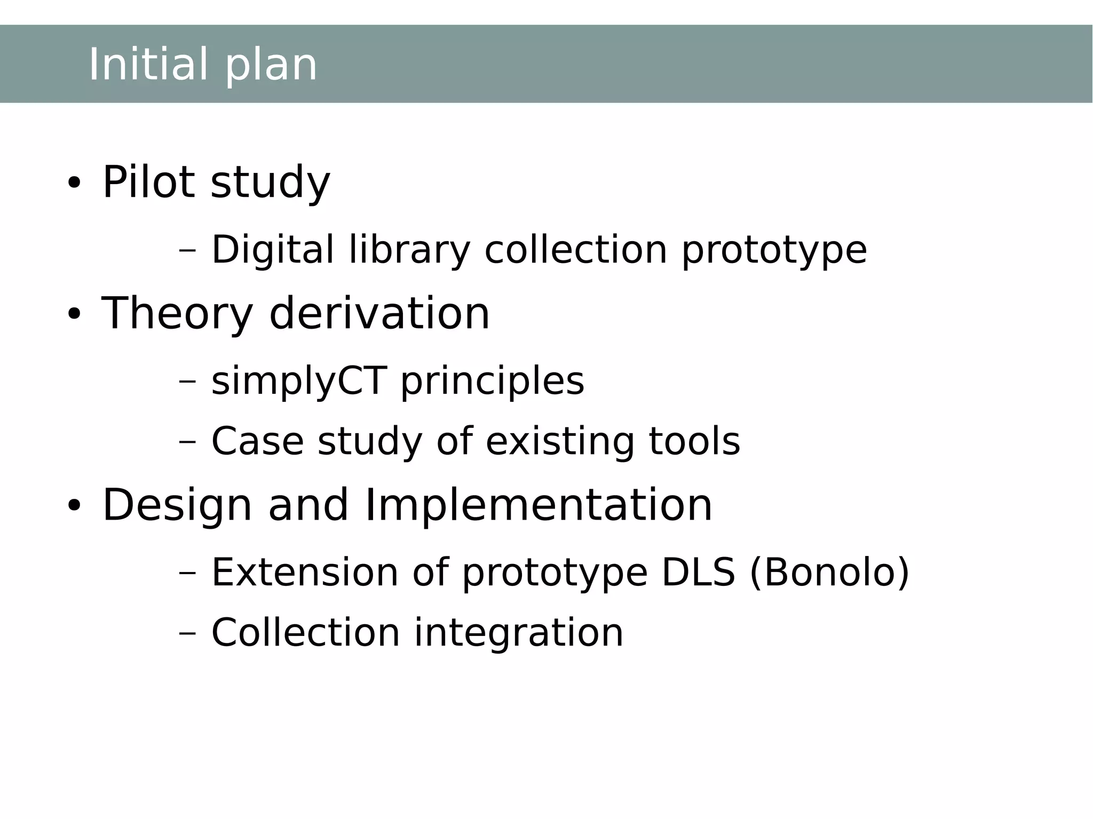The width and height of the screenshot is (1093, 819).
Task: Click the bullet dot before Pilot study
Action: [x=74, y=184]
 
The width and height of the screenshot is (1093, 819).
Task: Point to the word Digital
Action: [x=273, y=250]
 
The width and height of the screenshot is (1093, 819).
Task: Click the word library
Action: [x=409, y=250]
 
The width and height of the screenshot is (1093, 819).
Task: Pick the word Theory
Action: [x=177, y=314]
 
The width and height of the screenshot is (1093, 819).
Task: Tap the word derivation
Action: [x=379, y=314]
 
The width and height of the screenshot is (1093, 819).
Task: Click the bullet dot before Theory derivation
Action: [x=74, y=315]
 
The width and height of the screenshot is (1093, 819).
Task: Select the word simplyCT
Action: [x=299, y=381]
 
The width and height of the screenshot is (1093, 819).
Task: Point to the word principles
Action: [x=492, y=381]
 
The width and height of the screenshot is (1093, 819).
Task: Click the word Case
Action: [x=257, y=441]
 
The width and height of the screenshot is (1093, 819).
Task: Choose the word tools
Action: [x=694, y=441]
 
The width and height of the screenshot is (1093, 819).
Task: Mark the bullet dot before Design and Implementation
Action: [x=74, y=506]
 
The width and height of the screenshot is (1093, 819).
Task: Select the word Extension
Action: [x=305, y=572]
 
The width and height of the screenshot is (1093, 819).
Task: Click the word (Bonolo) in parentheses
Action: [x=829, y=572]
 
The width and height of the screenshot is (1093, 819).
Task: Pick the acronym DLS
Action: [x=698, y=572]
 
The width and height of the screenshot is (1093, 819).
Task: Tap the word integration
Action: [x=519, y=633]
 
